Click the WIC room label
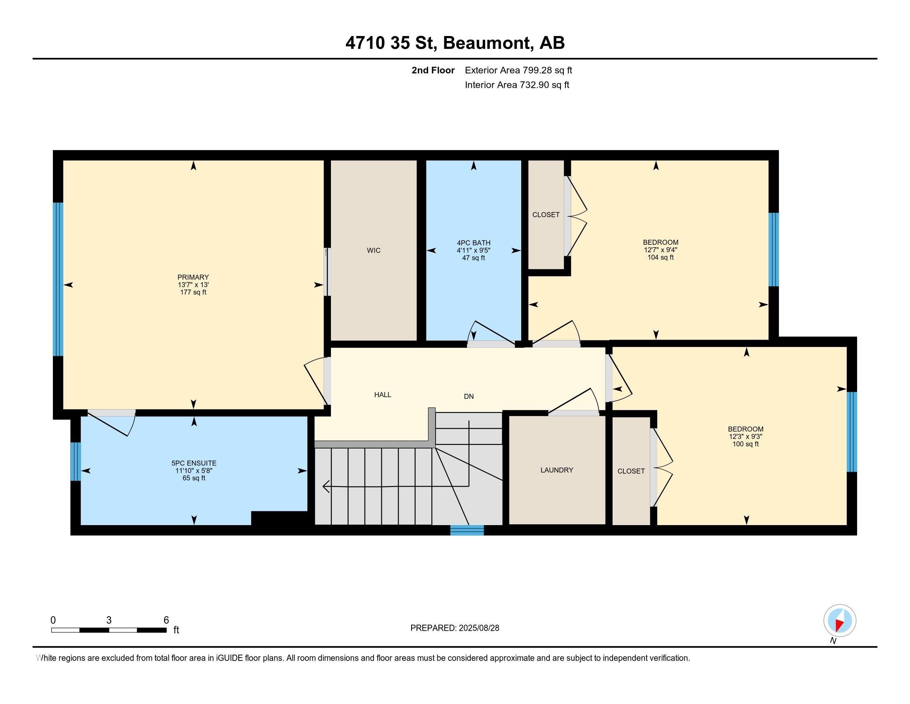[374, 250]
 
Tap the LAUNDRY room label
[557, 470]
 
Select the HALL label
[383, 395]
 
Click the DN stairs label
[469, 396]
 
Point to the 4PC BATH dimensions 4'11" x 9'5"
[473, 250]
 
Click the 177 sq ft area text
[193, 292]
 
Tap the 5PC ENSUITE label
[194, 463]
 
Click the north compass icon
[840, 620]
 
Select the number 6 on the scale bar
[166, 620]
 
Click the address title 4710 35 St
[391, 43]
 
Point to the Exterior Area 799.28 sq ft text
[518, 70]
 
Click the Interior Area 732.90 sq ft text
[517, 84]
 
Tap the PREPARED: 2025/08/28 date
[455, 628]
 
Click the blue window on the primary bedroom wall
[58, 279]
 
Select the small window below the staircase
[467, 530]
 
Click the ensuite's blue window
[75, 461]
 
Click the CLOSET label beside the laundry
[631, 471]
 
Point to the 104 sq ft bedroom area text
[661, 257]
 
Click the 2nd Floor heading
[433, 70]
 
